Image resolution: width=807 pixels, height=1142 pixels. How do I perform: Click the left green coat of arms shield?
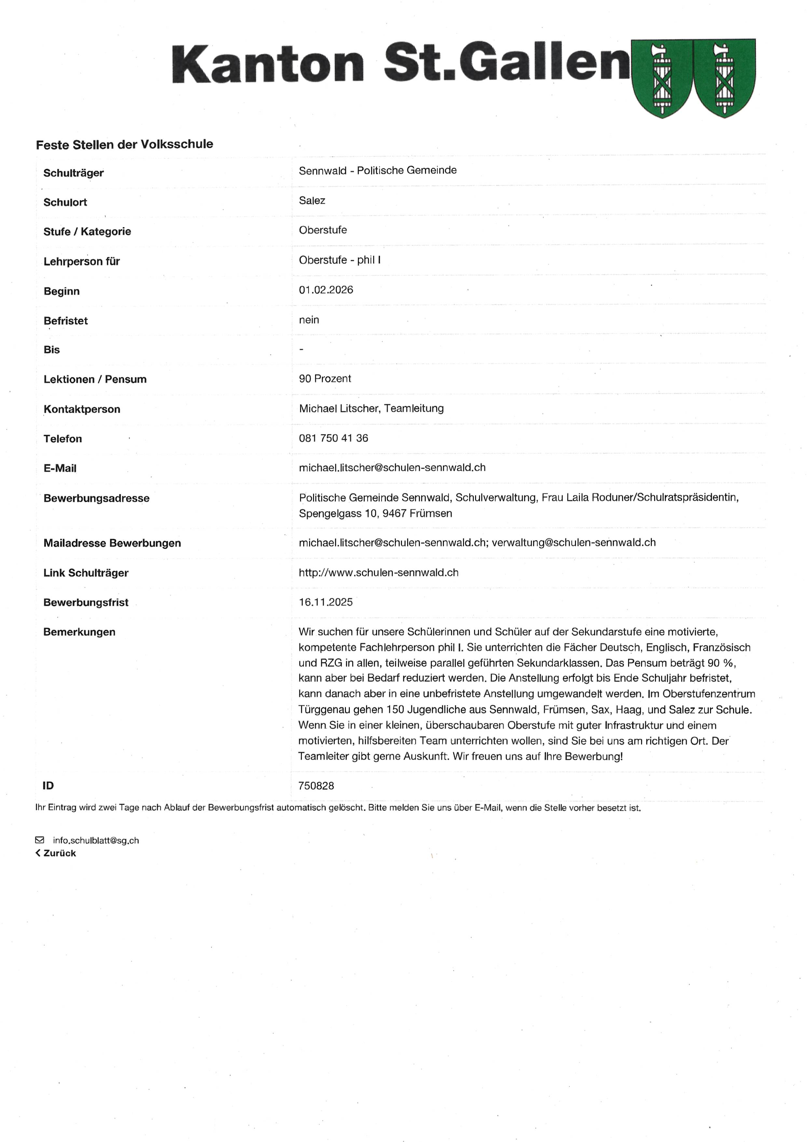click(662, 78)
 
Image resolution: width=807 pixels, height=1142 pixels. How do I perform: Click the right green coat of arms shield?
click(724, 78)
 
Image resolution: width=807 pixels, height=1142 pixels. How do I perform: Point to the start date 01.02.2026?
click(326, 290)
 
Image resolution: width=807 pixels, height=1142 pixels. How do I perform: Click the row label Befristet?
click(66, 321)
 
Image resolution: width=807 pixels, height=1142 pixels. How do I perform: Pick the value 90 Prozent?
click(325, 379)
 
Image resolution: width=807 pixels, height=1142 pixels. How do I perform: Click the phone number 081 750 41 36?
click(333, 438)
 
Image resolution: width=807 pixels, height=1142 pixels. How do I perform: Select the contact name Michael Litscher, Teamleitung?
click(371, 408)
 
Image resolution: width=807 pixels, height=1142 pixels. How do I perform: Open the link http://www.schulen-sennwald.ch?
click(378, 573)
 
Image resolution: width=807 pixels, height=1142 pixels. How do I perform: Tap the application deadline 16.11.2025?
click(326, 602)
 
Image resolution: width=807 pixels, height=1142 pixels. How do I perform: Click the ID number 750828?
click(316, 786)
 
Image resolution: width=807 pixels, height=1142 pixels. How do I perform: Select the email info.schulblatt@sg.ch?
click(96, 841)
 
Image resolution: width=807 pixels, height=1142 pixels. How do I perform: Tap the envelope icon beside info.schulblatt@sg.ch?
click(40, 840)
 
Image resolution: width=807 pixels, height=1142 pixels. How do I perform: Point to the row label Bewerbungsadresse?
click(96, 498)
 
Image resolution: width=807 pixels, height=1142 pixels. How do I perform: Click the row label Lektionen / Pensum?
click(95, 380)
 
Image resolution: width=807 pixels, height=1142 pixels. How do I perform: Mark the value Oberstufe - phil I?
click(340, 260)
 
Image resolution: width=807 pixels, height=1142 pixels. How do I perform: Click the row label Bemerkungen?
click(79, 632)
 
